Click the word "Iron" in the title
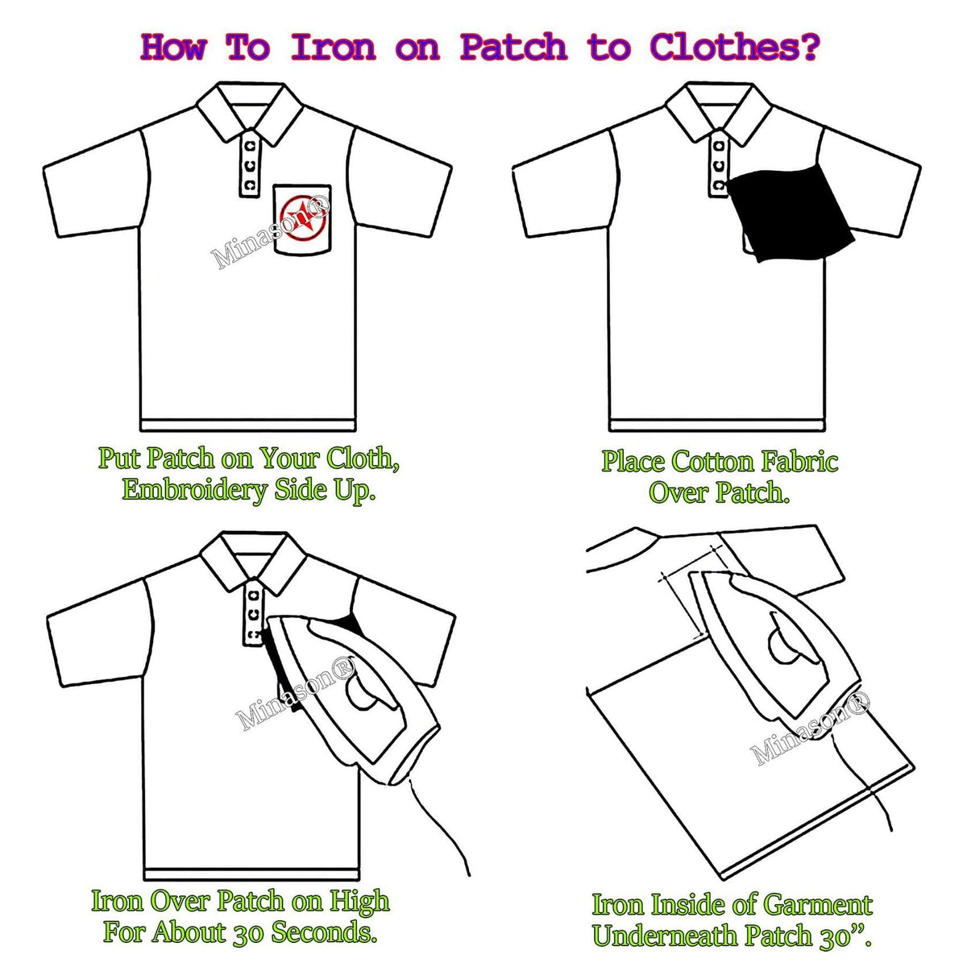pyautogui.click(x=333, y=48)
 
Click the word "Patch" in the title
pyautogui.click(x=513, y=48)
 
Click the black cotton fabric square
pyautogui.click(x=791, y=214)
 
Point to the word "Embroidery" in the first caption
pyautogui.click(x=193, y=490)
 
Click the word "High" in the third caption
pyautogui.click(x=359, y=901)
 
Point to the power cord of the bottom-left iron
pyautogui.click(x=438, y=829)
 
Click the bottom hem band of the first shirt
pyautogui.click(x=247, y=425)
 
